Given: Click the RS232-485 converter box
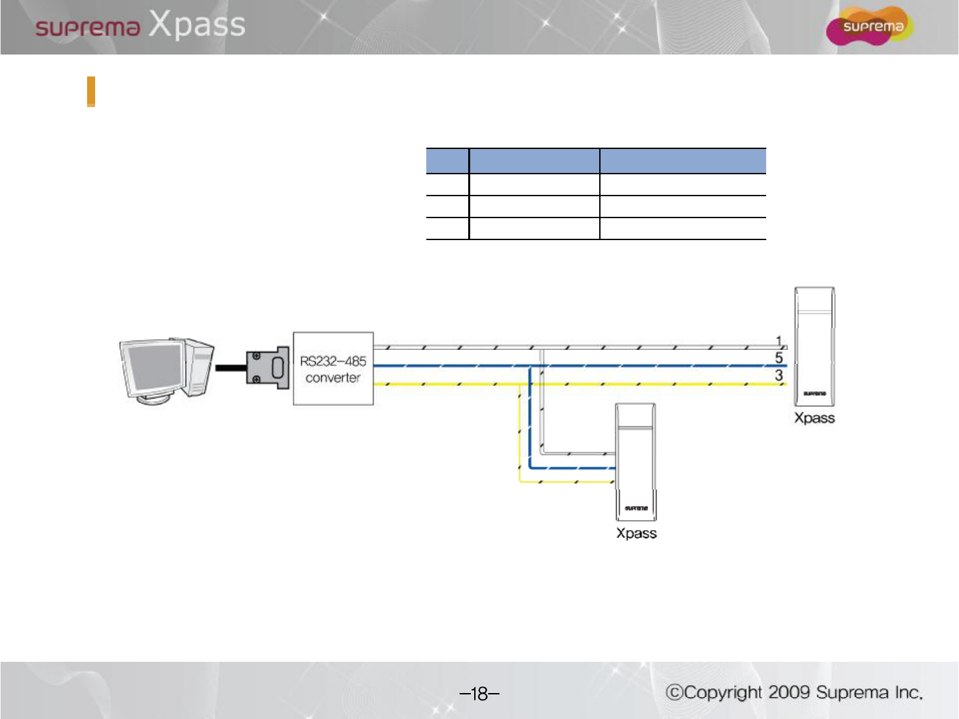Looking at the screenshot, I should click(x=333, y=368).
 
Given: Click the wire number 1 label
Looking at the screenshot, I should click(x=779, y=341).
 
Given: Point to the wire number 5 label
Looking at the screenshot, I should click(x=779, y=358).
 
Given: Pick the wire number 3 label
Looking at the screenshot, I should click(x=779, y=375).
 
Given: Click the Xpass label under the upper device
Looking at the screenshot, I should click(x=814, y=418).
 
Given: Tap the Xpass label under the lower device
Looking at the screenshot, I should click(x=636, y=533).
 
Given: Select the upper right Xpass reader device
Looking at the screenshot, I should click(x=815, y=346).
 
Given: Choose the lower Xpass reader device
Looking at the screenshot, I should click(x=636, y=462).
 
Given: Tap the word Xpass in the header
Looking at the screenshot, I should click(x=197, y=25).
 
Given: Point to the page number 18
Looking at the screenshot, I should click(x=479, y=694).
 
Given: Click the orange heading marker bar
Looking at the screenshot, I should click(x=91, y=92).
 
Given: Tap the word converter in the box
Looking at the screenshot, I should click(x=333, y=378).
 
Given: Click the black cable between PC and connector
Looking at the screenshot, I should click(x=231, y=368).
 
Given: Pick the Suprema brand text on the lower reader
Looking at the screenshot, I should click(x=636, y=508).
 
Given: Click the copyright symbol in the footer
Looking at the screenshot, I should click(x=675, y=692).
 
